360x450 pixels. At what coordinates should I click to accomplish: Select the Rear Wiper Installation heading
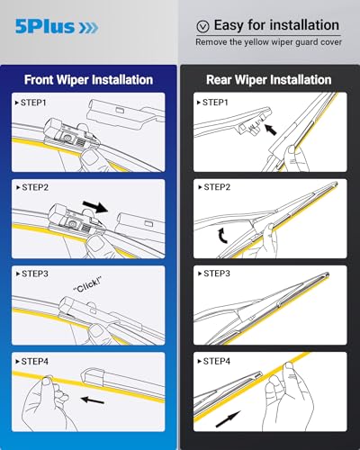click(268, 79)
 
